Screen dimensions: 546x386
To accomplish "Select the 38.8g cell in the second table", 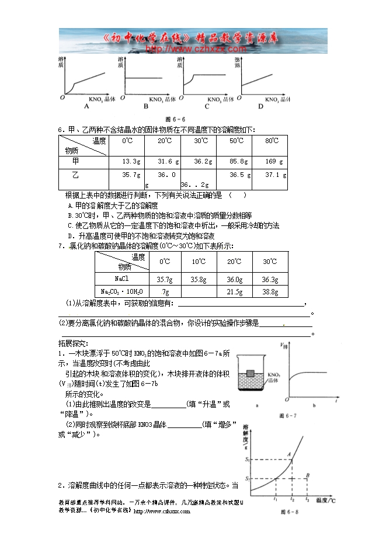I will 270,291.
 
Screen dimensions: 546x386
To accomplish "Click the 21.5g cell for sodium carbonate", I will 234,291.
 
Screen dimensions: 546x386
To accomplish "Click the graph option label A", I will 86,107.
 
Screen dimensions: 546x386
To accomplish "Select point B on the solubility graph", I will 308,475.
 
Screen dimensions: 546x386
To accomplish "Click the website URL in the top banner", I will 192,50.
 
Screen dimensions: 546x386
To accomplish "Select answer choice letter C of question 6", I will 70,225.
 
